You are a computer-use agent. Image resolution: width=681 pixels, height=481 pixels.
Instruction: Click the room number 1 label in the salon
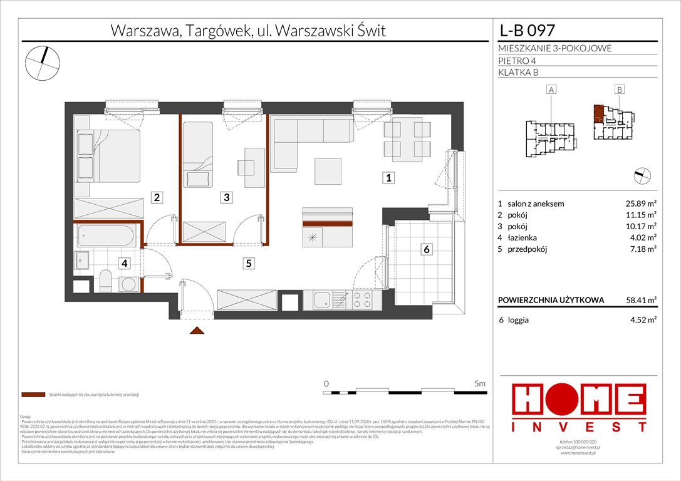[x=389, y=178]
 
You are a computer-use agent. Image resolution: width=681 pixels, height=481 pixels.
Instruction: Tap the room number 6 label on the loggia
[x=427, y=249]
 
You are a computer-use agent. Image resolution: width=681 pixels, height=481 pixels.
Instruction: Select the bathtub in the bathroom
[x=105, y=237]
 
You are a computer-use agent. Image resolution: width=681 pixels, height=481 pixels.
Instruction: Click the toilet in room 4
[x=105, y=281]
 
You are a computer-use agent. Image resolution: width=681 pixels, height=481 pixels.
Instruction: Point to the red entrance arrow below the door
[x=196, y=331]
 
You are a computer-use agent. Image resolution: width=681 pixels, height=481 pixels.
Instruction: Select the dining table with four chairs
[x=407, y=139]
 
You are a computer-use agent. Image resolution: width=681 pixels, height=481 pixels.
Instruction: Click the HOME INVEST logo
[x=580, y=408]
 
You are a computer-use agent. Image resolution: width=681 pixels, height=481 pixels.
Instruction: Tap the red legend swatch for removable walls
[x=32, y=395]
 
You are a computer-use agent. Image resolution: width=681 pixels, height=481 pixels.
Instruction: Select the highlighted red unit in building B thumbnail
[x=600, y=113]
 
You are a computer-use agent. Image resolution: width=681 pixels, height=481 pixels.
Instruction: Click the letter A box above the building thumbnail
[x=551, y=90]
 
